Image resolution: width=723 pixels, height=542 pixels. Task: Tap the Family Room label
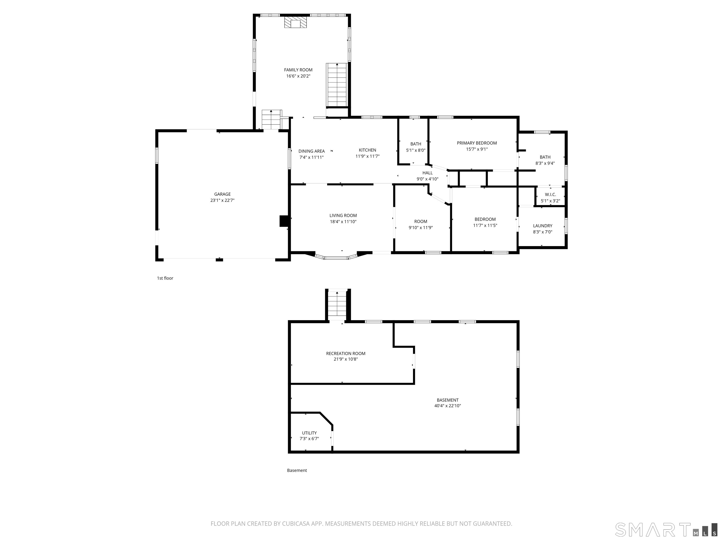point(298,70)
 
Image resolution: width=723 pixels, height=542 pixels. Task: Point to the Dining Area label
point(312,151)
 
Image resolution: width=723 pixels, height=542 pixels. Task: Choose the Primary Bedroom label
point(477,143)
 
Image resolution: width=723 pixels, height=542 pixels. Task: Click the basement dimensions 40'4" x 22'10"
point(447,406)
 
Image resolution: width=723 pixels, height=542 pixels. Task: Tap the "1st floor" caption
point(165,278)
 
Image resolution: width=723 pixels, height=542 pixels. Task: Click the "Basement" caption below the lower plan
point(297,470)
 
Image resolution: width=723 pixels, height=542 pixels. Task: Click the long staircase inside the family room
point(337,85)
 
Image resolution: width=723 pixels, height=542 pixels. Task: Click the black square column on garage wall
point(284,221)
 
